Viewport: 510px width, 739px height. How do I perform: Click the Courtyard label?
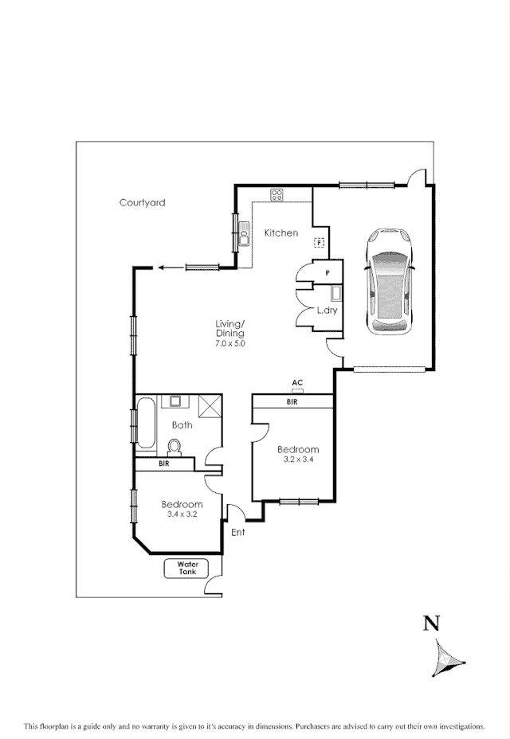point(143,203)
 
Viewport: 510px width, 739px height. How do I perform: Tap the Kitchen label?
point(281,233)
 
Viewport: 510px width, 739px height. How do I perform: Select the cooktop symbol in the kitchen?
point(277,194)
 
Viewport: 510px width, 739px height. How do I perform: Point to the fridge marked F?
point(319,243)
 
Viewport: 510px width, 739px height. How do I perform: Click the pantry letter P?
point(327,272)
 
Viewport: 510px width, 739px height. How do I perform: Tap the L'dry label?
point(328,311)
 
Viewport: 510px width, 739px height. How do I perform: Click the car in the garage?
point(389,280)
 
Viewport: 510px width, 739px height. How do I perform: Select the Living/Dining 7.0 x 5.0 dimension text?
point(229,344)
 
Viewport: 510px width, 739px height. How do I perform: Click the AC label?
point(297,383)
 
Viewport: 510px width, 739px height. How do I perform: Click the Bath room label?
point(182,425)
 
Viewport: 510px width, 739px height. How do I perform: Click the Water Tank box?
point(186,569)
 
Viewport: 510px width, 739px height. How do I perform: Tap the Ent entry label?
point(238,532)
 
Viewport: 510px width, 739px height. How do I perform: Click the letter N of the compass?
point(431,624)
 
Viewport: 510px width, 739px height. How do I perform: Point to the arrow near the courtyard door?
point(163,268)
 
